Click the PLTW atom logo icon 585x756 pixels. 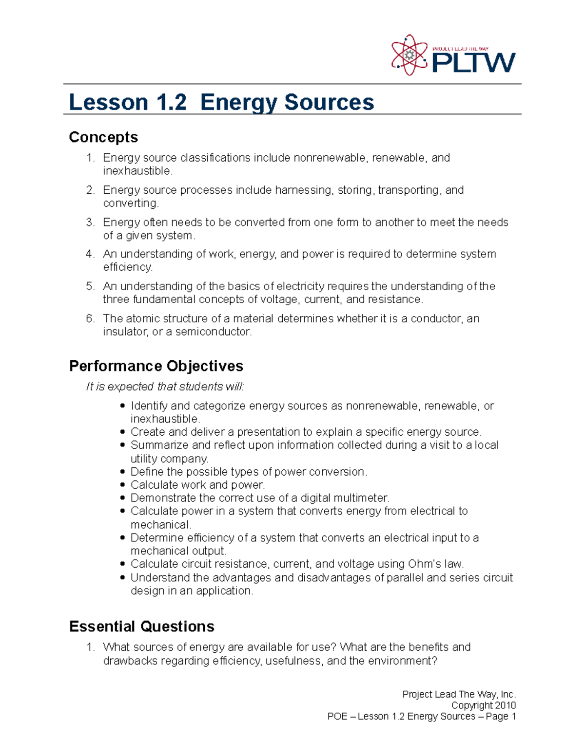coord(409,55)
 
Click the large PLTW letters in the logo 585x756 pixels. coord(473,62)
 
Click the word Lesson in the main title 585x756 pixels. coord(108,102)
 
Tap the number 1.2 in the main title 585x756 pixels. coord(171,102)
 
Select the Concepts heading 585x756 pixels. coord(103,137)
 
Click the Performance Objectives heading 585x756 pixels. coord(156,366)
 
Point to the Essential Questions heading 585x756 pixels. coord(141,627)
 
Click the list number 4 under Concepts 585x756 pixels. coord(90,254)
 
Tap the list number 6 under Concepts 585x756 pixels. coord(90,319)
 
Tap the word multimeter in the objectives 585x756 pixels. coord(361,498)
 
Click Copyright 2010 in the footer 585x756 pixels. coord(483,705)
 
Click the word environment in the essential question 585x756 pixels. coord(400,661)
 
